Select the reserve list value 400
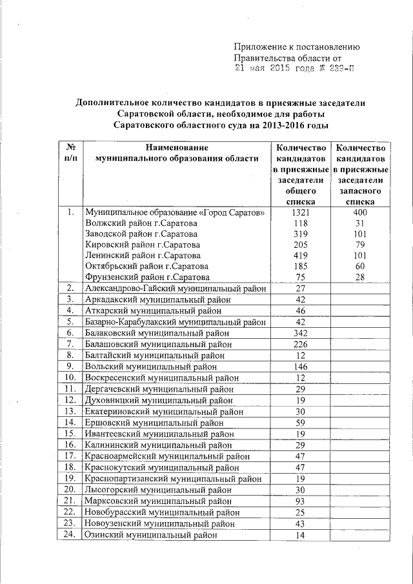(x=360, y=212)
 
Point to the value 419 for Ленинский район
(x=298, y=255)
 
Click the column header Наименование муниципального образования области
(x=176, y=152)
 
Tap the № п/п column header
(x=72, y=152)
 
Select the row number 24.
(x=71, y=534)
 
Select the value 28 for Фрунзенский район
(x=360, y=277)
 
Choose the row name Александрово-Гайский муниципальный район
(x=176, y=288)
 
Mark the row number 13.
(x=71, y=411)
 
